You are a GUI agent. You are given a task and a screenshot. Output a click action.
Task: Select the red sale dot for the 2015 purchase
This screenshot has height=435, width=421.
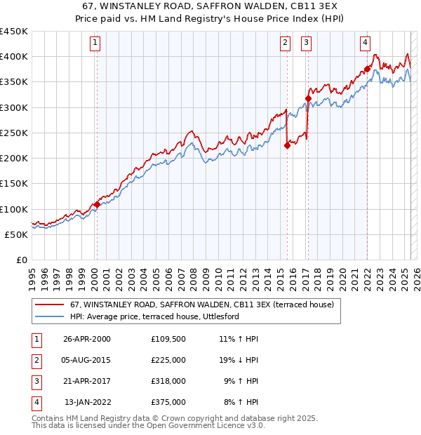[x=287, y=145]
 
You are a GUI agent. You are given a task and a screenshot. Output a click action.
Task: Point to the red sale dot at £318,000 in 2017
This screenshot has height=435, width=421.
[x=308, y=98]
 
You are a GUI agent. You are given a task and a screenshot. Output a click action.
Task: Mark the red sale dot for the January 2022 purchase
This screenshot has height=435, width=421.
[x=367, y=69]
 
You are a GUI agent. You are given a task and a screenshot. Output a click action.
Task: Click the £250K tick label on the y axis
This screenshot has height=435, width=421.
[x=14, y=133]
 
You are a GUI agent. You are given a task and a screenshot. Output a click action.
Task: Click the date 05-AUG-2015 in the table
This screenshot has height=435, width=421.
[x=86, y=360]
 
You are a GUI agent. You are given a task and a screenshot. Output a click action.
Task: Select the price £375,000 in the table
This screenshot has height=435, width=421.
[x=168, y=402]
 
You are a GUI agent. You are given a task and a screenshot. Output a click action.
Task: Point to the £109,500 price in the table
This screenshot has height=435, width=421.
[x=168, y=339]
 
